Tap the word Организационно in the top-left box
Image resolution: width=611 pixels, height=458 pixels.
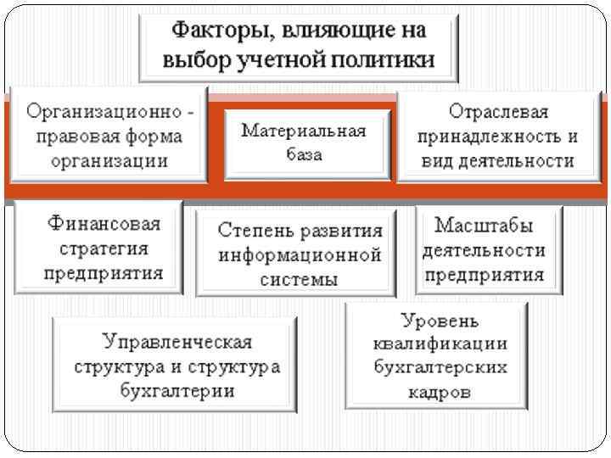[104, 112]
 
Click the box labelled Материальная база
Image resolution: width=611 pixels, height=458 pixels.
[304, 142]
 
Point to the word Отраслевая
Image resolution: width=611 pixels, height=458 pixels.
[498, 112]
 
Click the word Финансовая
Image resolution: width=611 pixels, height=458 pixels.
[104, 226]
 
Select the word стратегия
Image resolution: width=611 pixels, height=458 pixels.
[104, 249]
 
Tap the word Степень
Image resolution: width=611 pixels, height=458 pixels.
[251, 231]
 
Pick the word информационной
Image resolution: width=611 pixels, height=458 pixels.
[300, 254]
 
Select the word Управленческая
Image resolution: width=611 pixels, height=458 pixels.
[177, 342]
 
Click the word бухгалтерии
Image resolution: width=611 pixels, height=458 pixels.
[177, 391]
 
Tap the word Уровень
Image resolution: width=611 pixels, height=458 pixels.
[440, 321]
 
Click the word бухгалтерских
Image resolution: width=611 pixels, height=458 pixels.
[440, 368]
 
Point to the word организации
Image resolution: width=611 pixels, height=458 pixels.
[108, 159]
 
